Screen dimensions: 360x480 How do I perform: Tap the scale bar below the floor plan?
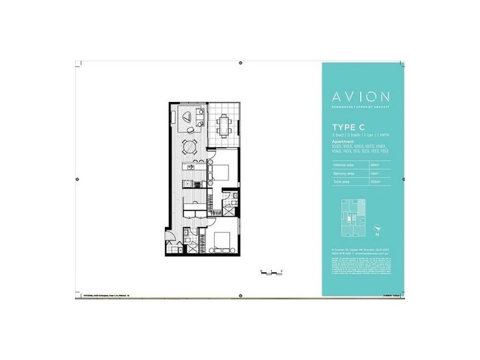(271, 272)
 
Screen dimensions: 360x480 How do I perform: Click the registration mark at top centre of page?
(241, 62)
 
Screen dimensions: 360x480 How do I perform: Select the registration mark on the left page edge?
(76, 179)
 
